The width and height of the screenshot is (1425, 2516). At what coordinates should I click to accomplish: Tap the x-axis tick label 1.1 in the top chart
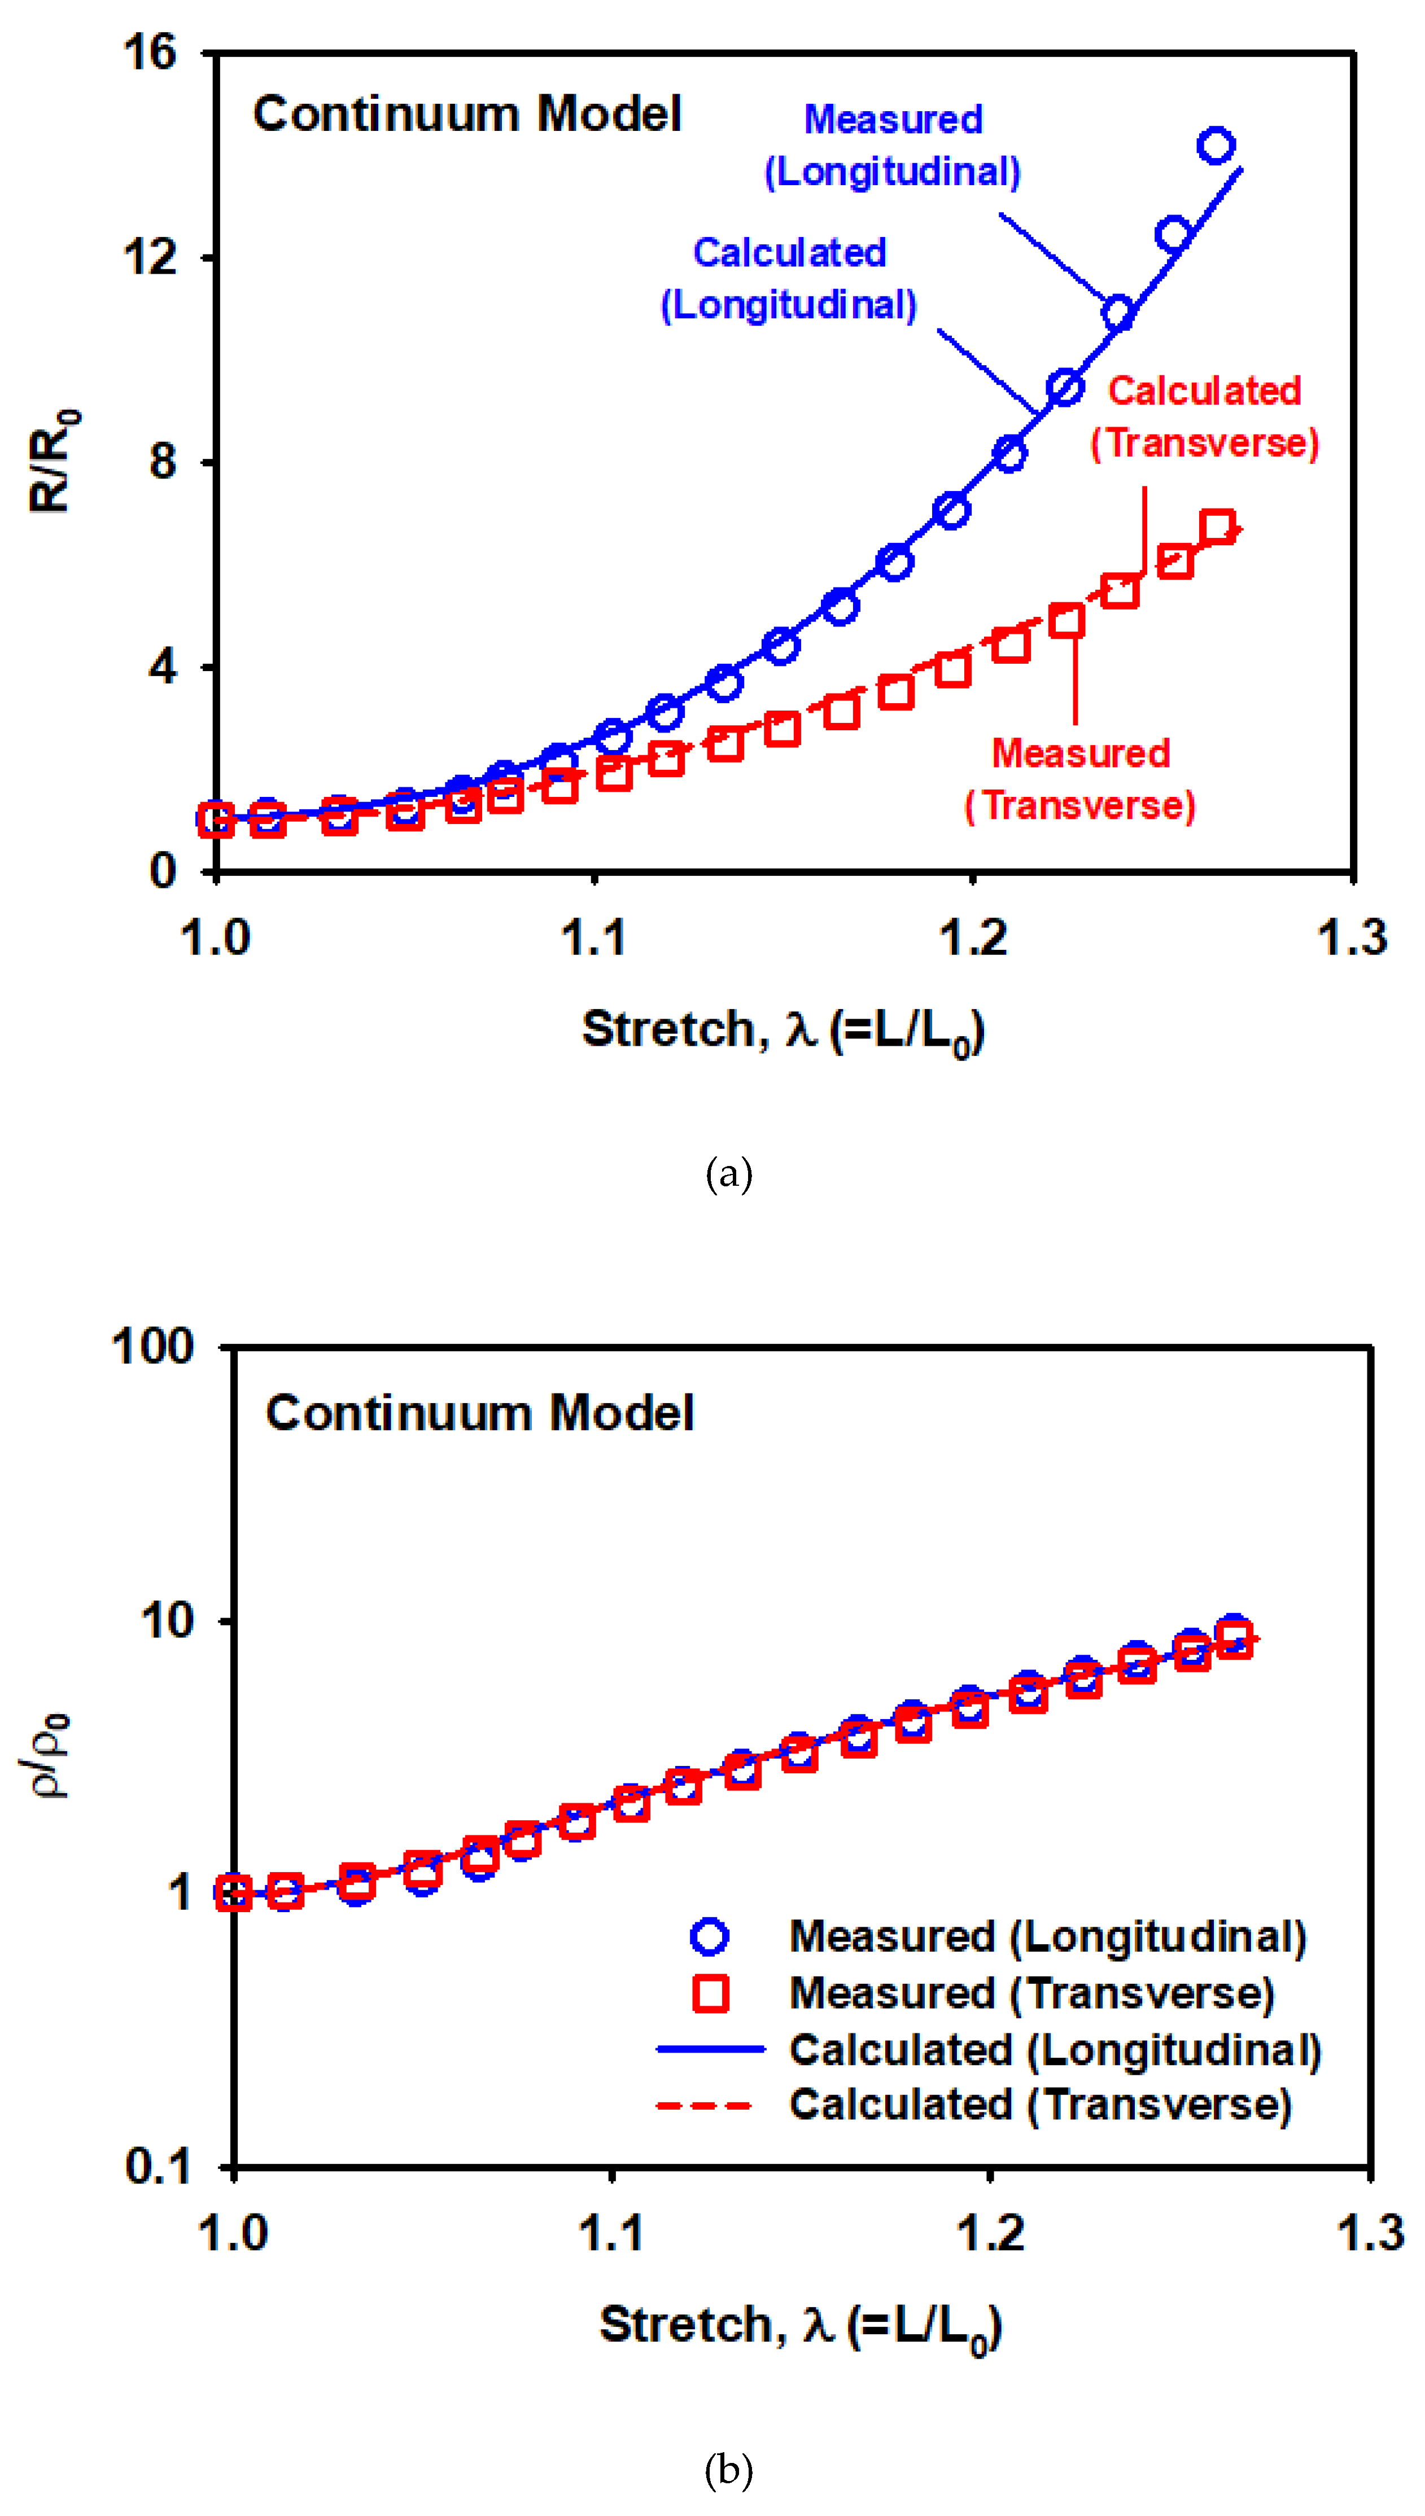[x=593, y=937]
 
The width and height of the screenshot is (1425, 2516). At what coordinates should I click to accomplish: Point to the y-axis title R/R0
[x=53, y=460]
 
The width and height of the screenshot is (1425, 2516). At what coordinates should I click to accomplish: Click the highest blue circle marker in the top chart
[x=1216, y=146]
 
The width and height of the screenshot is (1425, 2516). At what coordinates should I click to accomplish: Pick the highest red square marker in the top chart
[x=1217, y=527]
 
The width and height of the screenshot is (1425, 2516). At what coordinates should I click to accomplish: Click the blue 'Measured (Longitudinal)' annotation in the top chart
[x=893, y=146]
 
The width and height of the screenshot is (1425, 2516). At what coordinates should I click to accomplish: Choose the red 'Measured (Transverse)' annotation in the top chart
[x=1081, y=779]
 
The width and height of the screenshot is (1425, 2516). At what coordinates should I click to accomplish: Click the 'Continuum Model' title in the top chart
[x=467, y=113]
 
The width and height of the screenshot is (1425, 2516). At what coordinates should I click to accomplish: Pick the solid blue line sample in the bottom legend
[x=710, y=2048]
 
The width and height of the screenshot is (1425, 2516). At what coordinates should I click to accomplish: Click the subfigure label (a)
[x=729, y=1173]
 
